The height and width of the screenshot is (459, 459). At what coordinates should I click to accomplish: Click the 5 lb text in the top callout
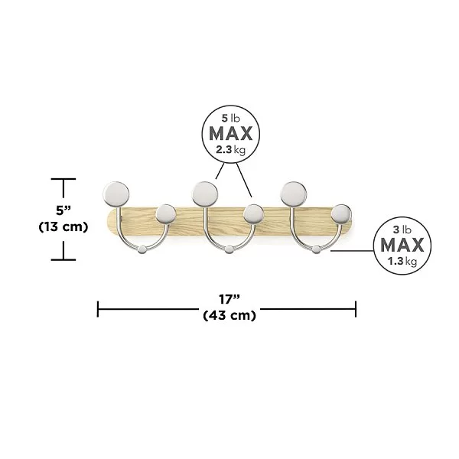[231, 119]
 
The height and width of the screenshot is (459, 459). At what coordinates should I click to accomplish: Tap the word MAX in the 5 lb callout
[231, 134]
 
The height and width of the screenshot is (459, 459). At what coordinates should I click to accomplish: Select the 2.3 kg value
[231, 150]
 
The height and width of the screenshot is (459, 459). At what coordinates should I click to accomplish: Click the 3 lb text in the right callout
[402, 229]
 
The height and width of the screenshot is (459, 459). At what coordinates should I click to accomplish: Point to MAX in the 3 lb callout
[402, 245]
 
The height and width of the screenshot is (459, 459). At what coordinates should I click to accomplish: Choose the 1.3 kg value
[402, 261]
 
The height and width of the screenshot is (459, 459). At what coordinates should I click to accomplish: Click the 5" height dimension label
[63, 210]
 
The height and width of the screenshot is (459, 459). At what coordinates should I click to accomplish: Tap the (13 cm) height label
[63, 226]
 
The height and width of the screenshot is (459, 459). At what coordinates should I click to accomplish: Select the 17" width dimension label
[229, 299]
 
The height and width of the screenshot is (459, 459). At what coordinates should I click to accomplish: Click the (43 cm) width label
[229, 315]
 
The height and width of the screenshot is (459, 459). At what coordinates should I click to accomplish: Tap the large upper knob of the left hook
[116, 194]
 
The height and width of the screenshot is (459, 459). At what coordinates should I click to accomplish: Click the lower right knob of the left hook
[166, 214]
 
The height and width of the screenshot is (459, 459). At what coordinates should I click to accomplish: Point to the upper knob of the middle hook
[205, 194]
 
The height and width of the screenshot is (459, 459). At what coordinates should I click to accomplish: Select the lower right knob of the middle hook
[253, 214]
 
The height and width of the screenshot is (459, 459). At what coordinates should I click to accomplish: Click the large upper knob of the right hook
[294, 194]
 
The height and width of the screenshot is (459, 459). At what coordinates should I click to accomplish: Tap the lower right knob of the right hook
[341, 214]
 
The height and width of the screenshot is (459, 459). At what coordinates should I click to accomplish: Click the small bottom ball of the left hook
[142, 249]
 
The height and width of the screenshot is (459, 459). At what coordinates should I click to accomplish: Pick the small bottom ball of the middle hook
[229, 249]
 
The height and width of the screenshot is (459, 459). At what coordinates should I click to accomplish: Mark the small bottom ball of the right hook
[316, 249]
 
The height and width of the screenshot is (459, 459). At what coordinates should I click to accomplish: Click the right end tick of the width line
[356, 309]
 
